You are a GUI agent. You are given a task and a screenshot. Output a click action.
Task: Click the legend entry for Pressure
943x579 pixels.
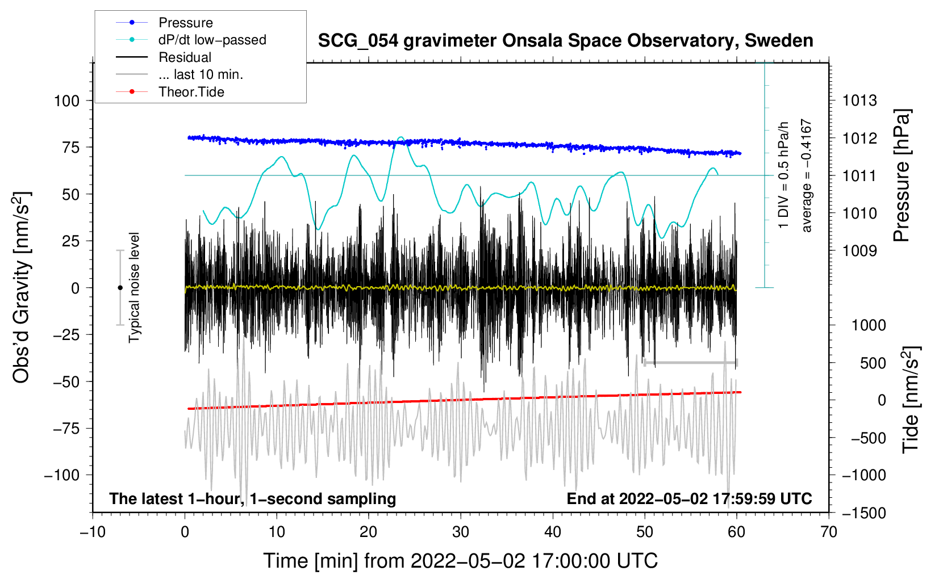coord(185,23)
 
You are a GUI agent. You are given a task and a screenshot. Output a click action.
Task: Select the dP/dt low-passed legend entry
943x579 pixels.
coord(212,40)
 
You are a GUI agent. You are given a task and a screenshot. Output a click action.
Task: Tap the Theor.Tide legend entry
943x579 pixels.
coord(191,92)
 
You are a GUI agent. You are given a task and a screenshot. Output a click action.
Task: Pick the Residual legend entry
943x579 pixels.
coord(185,57)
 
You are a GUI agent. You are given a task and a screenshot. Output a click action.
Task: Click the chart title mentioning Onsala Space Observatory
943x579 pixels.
coord(565,41)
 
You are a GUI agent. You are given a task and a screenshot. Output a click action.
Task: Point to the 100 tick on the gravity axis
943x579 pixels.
coord(66,101)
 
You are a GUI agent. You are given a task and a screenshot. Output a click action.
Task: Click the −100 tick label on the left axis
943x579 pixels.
coord(61,475)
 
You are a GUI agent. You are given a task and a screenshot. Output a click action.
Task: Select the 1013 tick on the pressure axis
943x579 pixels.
coord(859,101)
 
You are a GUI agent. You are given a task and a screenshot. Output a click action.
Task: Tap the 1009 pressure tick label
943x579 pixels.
coord(859,251)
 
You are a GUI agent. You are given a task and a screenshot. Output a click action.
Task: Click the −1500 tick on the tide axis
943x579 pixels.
coord(864,513)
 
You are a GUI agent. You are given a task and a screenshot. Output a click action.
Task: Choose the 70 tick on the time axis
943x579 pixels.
coord(829,532)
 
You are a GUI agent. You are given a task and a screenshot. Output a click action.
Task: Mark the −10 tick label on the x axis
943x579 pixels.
coord(93,532)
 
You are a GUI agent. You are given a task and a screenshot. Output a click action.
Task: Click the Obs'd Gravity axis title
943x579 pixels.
coord(22,288)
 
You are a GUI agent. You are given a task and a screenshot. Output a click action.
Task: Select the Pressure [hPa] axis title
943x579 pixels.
coord(902,176)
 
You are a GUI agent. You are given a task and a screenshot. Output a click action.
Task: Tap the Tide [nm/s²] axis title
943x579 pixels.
coord(911,400)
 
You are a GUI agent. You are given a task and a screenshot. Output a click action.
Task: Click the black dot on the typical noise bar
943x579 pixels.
coord(120,288)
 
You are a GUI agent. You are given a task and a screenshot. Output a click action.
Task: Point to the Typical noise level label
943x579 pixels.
coord(134,288)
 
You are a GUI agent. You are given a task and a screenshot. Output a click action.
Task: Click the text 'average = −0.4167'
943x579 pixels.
coord(807,176)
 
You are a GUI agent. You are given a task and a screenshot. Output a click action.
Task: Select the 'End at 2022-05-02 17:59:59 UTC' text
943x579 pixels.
coord(689,499)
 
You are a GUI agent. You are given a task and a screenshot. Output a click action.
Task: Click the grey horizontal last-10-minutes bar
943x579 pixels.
coord(690,362)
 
